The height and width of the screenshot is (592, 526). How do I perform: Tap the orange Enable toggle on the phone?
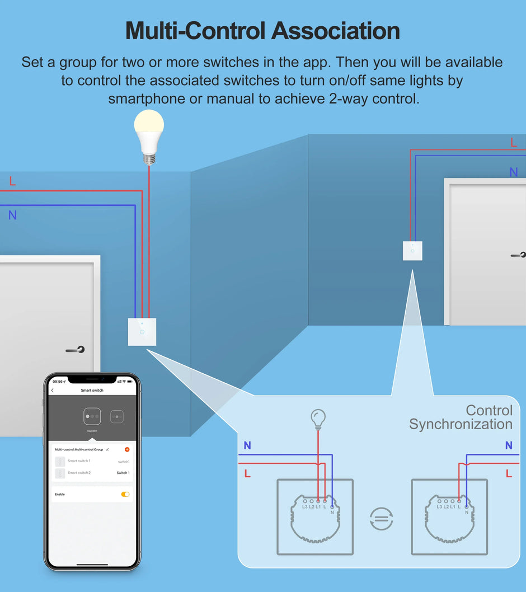point(125,494)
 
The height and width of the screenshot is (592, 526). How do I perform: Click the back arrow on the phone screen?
point(53,390)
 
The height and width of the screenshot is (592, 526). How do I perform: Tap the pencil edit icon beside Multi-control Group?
point(107,449)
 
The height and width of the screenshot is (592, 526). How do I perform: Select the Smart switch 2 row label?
point(79,473)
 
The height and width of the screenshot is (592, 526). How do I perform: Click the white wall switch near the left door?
point(142,332)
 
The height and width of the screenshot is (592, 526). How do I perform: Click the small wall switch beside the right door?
point(412,251)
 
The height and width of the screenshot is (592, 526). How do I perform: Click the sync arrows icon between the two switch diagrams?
point(382,518)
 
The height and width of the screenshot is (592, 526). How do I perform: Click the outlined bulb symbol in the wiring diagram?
point(318,418)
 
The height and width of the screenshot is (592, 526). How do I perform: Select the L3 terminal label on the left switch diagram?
point(305,506)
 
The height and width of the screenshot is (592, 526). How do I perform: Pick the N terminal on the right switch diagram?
point(467,512)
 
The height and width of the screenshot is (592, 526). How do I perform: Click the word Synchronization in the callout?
point(461,424)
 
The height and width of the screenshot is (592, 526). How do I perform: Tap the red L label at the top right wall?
point(514,143)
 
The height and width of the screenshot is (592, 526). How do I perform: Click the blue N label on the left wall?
point(12,215)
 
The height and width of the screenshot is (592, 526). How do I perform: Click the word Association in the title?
point(336,31)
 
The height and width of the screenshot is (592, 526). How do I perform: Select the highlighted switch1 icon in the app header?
point(92,417)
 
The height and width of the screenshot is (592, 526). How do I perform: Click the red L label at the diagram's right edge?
point(509,473)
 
